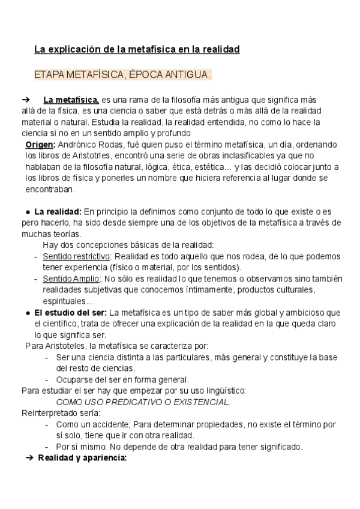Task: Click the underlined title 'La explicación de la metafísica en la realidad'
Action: (137, 49)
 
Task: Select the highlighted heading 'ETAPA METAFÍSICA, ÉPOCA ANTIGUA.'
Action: (123, 75)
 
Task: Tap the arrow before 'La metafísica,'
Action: (25, 100)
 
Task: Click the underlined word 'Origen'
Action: (40, 145)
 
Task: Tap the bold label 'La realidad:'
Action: (58, 211)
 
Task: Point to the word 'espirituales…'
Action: (68, 301)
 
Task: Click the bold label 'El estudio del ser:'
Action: (71, 312)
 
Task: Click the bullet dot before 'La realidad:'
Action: (28, 212)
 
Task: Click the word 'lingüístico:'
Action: (224, 390)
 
